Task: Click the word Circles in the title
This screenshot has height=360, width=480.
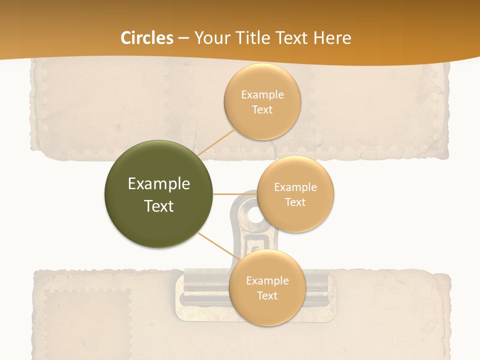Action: [x=146, y=38]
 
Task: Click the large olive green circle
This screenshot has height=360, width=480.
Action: [x=159, y=194]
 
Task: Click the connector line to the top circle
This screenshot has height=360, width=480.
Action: [x=216, y=142]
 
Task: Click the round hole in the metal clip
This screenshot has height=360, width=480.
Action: [x=255, y=215]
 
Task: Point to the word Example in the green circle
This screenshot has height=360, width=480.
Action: [x=159, y=184]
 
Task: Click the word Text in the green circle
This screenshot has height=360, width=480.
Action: [x=159, y=206]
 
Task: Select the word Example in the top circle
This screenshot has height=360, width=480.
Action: [x=262, y=95]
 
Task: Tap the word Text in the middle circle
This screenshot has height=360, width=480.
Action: [x=295, y=202]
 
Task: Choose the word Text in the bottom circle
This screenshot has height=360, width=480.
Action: [x=267, y=296]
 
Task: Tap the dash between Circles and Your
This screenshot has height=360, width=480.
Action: [x=183, y=38]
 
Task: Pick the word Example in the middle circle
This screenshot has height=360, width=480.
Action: [x=295, y=187]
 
